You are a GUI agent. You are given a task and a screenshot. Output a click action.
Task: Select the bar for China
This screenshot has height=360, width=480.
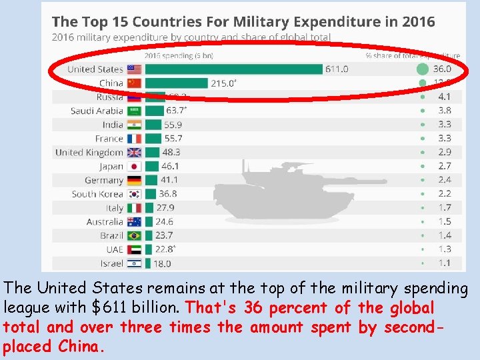(x=177, y=83)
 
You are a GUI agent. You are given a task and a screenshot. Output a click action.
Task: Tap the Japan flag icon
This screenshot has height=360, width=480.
(x=134, y=167)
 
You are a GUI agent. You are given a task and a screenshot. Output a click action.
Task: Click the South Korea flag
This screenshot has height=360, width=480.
(x=134, y=194)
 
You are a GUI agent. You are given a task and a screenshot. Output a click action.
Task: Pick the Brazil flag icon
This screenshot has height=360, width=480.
(x=134, y=235)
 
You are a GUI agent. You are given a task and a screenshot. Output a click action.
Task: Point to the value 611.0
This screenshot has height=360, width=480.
(x=336, y=69)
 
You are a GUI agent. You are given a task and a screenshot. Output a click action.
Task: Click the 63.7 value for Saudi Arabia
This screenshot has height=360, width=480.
(x=177, y=111)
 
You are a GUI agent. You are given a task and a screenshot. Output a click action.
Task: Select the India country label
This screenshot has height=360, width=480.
(x=113, y=125)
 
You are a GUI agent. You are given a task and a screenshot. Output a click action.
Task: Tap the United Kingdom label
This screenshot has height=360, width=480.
(x=89, y=152)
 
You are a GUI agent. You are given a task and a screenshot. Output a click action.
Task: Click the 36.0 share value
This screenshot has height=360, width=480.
(x=441, y=69)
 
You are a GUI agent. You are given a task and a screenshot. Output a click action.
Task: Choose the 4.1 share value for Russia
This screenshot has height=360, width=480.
(x=444, y=97)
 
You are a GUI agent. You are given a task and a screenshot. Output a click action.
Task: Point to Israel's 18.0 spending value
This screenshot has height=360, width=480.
(x=163, y=263)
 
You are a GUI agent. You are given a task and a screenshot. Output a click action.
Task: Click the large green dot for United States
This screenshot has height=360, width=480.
(x=422, y=69)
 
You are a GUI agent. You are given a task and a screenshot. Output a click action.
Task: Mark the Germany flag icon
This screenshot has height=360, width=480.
(x=134, y=180)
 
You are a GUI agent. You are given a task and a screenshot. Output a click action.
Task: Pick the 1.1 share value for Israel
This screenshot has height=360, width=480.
(x=444, y=263)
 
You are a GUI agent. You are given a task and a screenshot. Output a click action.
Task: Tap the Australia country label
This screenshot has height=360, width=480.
(x=105, y=221)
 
